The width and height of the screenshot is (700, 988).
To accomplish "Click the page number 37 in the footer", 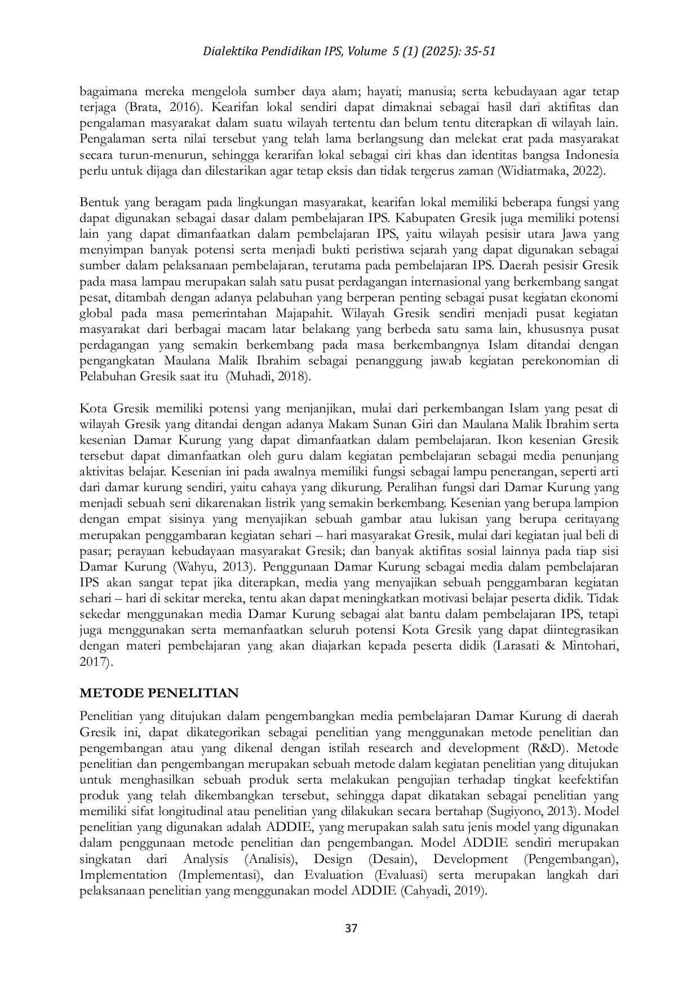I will (351, 928).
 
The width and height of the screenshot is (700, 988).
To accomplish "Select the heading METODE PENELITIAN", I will (159, 693).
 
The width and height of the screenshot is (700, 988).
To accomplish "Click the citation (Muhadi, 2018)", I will (268, 377).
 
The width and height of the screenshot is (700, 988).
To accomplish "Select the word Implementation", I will (123, 875).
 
